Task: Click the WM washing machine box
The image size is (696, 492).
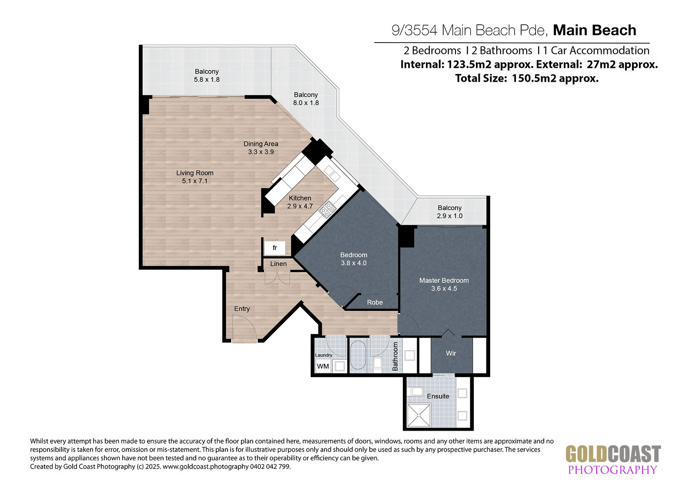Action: tap(323, 366)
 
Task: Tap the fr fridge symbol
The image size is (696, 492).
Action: tap(274, 248)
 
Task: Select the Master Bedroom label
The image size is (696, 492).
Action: tap(444, 280)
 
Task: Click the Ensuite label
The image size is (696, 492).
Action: tap(438, 396)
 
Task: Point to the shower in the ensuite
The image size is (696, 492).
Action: tap(419, 415)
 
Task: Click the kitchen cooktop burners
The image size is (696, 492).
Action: tap(328, 209)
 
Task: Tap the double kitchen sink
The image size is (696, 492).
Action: tap(332, 173)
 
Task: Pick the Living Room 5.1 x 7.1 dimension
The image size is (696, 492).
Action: tap(195, 181)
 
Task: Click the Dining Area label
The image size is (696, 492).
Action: tap(261, 144)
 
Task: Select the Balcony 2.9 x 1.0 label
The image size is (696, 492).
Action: tap(450, 212)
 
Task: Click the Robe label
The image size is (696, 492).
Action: tap(375, 302)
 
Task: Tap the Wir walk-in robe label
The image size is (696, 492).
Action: tap(451, 353)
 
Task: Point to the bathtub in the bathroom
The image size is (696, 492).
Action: tap(358, 355)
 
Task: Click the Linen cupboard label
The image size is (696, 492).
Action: tap(278, 264)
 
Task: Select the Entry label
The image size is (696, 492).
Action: tap(242, 308)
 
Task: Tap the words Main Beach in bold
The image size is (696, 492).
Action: tap(594, 30)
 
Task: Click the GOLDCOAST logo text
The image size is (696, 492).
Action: tap(613, 454)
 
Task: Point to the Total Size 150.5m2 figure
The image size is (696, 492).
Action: tap(555, 78)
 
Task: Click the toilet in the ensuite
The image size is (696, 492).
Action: tap(416, 392)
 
